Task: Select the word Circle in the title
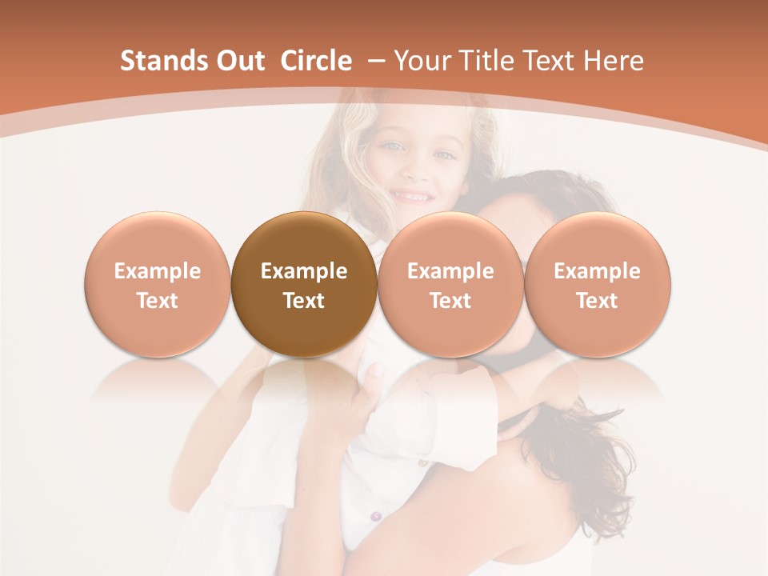pos(316,61)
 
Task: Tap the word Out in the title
pos(238,61)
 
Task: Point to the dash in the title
pos(378,61)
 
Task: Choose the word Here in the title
pos(613,61)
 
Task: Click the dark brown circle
pos(304,284)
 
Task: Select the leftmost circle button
pos(158,284)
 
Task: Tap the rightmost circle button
pos(597,284)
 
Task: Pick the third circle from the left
pos(450,284)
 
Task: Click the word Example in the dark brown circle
pos(304,271)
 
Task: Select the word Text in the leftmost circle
pos(158,301)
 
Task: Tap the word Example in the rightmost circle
pos(597,271)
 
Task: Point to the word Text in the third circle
pos(450,301)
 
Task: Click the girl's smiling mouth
pos(413,195)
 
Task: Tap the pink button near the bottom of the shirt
pos(375,517)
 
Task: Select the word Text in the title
pos(552,61)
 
